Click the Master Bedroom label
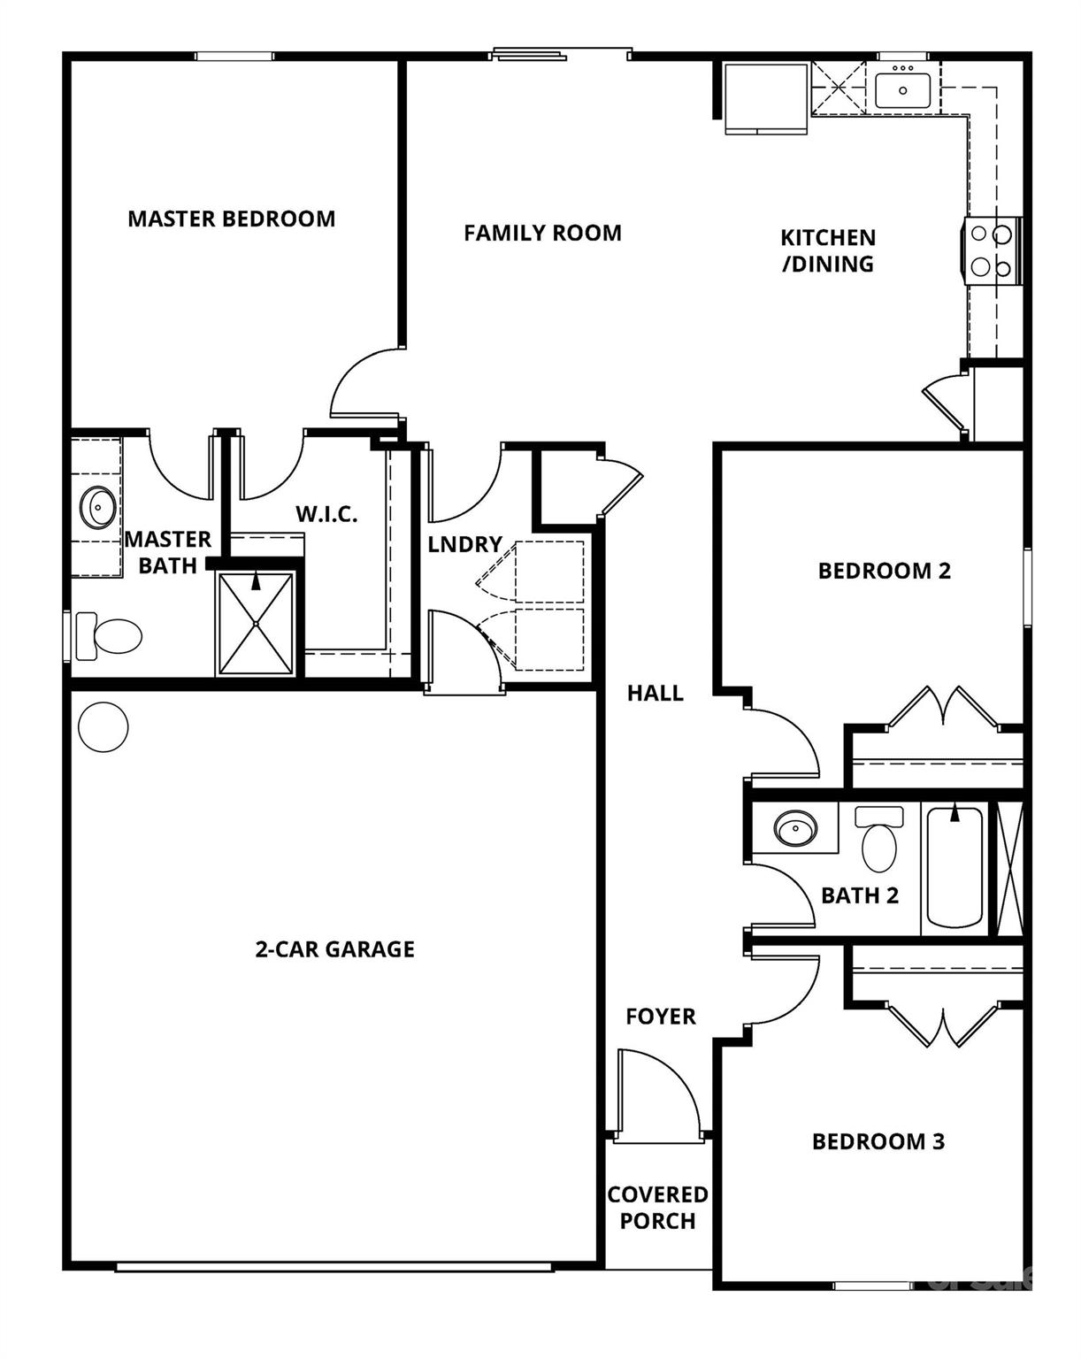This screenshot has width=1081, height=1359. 232,219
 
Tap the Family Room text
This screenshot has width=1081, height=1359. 542,233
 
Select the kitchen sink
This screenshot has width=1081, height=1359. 902,89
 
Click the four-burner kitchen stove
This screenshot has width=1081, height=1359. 991,251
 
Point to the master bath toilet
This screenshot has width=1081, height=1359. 110,635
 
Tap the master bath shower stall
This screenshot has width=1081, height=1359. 256,624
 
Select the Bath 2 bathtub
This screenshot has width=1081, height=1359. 954,866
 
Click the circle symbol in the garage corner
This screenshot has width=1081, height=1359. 103,727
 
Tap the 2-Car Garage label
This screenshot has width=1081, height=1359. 334,949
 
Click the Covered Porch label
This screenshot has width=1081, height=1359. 657,1208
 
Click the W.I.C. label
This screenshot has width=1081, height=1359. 326,514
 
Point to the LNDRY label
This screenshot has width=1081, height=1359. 464,544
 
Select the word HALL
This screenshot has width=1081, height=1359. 655,693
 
